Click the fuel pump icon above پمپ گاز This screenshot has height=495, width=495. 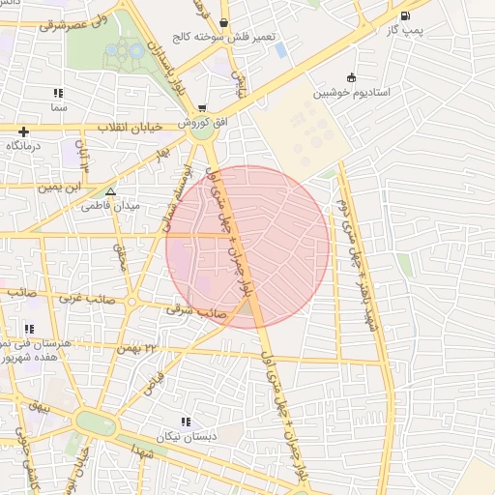point(404,15)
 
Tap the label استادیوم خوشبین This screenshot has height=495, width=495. point(351,94)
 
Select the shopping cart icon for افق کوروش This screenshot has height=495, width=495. point(202,108)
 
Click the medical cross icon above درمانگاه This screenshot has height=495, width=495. point(23,131)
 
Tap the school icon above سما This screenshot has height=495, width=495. point(58,93)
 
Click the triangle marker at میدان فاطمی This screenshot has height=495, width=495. point(109,191)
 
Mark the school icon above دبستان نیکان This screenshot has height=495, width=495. point(186,422)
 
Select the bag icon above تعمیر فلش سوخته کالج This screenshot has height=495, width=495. point(224,21)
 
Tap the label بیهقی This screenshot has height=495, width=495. point(39,407)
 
